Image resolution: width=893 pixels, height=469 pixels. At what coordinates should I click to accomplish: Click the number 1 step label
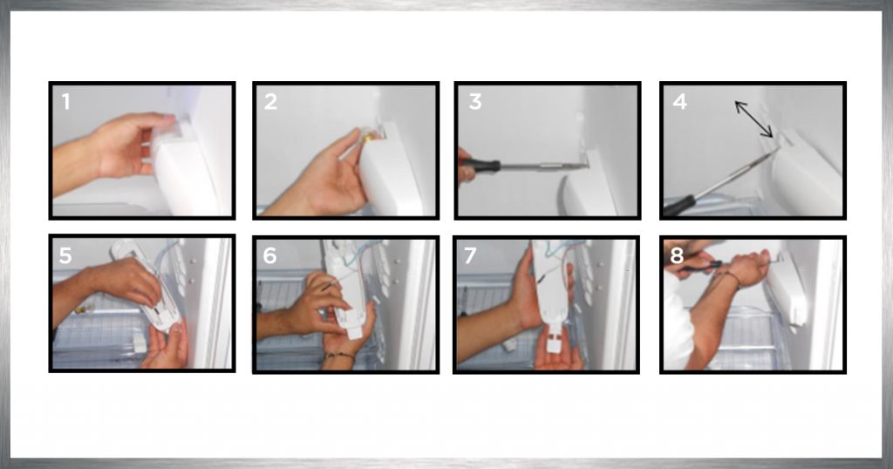66,102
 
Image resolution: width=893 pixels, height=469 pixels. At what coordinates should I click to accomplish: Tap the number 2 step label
270,102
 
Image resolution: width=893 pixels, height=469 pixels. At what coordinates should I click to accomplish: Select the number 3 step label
475,102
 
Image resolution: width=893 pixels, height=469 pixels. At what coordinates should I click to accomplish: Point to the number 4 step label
679,102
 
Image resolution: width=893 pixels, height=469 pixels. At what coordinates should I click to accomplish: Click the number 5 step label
65,255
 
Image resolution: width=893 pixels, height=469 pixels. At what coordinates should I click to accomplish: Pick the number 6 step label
270,255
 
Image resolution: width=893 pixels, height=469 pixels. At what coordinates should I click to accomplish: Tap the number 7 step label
470,255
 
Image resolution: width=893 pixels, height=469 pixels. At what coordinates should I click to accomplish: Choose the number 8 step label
677,255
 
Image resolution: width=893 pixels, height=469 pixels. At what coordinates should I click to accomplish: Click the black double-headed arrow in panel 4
753,119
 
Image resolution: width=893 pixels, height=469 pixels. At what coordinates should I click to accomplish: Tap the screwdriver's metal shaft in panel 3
543,167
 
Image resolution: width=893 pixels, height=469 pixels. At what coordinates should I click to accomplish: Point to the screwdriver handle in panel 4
679,206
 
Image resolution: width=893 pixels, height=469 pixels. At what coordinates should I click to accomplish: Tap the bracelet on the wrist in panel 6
340,356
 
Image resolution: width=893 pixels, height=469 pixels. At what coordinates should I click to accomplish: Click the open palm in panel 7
558,356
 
